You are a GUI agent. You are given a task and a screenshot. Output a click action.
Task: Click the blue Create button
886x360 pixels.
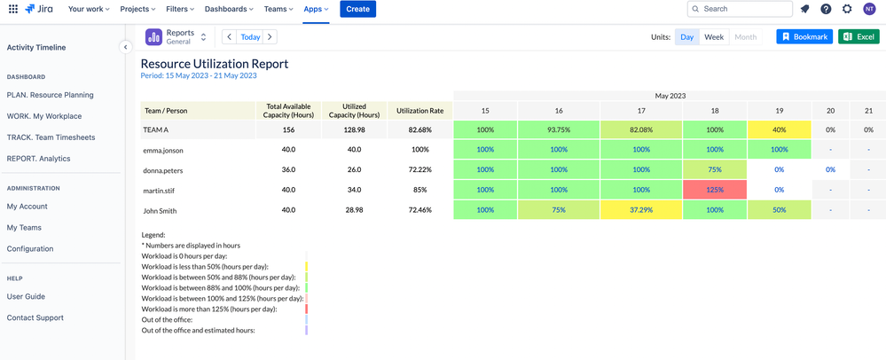[357, 9]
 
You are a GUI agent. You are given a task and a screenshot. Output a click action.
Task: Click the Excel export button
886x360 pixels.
[859, 37]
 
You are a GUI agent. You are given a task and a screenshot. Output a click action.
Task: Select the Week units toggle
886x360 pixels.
[714, 37]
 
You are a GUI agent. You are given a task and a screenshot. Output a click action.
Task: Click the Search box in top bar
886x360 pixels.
[740, 9]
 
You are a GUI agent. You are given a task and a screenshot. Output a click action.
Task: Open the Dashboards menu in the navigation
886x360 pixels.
[229, 9]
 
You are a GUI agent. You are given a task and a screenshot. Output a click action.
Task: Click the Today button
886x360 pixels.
[250, 37]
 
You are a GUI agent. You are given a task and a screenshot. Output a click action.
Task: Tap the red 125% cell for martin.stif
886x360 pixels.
[715, 190]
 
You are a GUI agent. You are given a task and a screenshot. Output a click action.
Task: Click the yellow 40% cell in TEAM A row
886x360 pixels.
[779, 129]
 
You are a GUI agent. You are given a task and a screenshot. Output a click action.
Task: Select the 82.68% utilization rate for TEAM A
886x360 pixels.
[419, 129]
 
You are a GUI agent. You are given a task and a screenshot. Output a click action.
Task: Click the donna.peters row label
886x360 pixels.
[163, 169]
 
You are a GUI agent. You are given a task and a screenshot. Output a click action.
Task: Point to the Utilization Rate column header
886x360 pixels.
[419, 111]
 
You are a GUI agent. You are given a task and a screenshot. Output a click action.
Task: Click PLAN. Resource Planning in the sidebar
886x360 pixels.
[50, 95]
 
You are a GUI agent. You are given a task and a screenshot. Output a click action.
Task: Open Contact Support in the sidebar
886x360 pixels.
[35, 317]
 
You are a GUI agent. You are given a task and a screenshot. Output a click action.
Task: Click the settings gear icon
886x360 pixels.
[847, 9]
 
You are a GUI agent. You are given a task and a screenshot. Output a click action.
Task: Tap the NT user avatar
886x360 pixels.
[869, 9]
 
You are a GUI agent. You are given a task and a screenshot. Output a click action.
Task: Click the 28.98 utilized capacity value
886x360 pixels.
[354, 210]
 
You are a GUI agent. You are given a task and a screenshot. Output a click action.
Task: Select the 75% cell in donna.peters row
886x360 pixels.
[715, 169]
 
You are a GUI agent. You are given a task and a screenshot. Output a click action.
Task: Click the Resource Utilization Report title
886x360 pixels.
[215, 64]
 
